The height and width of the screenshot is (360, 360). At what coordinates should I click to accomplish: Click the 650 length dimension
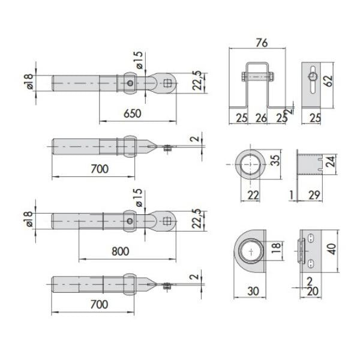[x=133, y=113]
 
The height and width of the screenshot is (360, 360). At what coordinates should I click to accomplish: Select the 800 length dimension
[x=121, y=251]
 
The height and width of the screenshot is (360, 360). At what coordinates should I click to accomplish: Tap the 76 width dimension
[x=262, y=43]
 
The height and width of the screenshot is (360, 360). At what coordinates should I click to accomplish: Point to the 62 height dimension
[x=329, y=80]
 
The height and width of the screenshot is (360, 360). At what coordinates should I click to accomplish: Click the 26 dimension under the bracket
[x=261, y=118]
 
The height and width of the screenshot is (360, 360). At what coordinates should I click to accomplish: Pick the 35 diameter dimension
[x=275, y=160]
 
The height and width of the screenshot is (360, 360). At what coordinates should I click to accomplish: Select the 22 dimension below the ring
[x=253, y=195]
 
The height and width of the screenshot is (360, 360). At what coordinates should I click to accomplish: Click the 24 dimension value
[x=331, y=161]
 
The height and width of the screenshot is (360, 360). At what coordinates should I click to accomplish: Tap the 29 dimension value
[x=314, y=195]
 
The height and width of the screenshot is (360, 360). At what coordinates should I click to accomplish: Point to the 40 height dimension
[x=332, y=249]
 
